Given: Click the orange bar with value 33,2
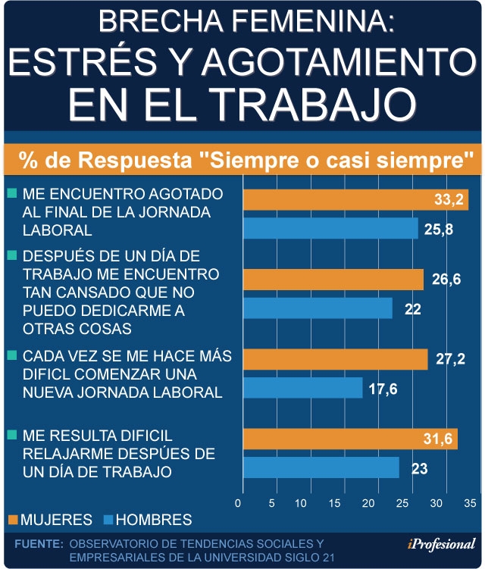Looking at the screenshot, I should click(x=355, y=199).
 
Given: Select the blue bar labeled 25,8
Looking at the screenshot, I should click(x=330, y=228).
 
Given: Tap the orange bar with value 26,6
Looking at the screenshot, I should click(x=333, y=280).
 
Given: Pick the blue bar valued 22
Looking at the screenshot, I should click(x=318, y=308).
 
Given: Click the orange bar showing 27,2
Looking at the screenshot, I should click(x=334, y=359).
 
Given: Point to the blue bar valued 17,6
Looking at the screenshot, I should click(x=302, y=388).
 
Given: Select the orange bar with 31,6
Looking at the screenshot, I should click(x=349, y=439).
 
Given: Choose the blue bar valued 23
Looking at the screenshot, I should click(x=321, y=468).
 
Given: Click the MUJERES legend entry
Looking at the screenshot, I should click(x=51, y=520).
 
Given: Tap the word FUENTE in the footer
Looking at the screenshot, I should click(x=38, y=543).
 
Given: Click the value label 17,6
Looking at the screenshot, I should click(x=383, y=389).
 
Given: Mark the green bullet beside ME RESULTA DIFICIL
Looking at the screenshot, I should click(x=11, y=435).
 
